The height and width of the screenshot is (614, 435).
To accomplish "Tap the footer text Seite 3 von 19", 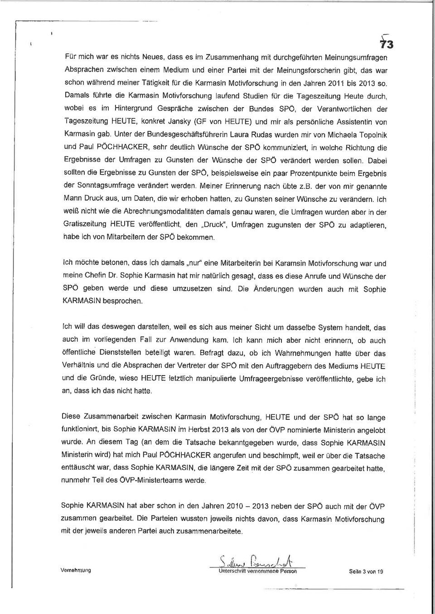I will [x=366, y=571].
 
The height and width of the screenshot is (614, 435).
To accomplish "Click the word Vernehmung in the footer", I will [x=76, y=571].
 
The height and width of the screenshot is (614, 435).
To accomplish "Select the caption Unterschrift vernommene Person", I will [x=257, y=571].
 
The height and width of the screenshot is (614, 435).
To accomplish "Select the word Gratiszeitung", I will [x=84, y=224].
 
